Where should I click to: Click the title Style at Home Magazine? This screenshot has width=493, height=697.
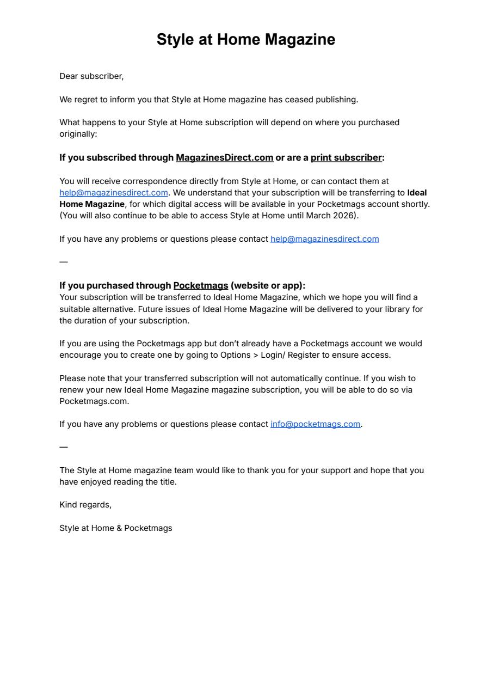(246, 40)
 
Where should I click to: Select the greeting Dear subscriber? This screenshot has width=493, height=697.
(91, 76)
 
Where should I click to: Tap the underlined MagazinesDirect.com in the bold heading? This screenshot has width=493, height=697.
(224, 158)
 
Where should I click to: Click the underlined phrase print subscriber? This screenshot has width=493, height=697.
(346, 158)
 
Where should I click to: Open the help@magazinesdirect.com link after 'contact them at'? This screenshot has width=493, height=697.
(114, 193)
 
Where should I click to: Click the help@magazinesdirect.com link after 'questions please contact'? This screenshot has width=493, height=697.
(324, 239)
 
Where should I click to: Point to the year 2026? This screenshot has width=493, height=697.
(345, 216)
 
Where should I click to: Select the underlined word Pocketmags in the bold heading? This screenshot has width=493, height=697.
(201, 286)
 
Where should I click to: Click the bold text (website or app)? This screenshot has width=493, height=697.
(268, 286)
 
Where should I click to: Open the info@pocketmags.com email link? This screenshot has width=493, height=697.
(315, 424)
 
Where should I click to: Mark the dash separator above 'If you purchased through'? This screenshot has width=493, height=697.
(64, 262)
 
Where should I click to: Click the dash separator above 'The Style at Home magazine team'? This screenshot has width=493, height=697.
(64, 447)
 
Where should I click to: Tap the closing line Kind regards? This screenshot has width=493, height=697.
(85, 505)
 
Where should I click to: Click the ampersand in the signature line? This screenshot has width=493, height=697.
(119, 528)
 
